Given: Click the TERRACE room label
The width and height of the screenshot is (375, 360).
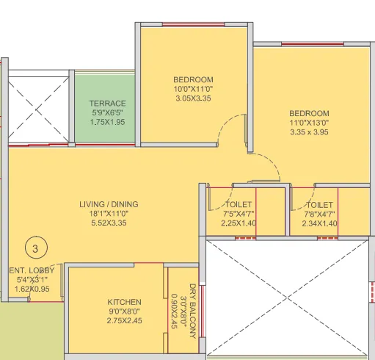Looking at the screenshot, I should coord(108,104).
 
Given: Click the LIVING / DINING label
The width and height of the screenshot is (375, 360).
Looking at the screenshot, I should coord(109,204).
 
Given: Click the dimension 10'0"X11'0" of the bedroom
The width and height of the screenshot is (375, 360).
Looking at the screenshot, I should coord(193,89).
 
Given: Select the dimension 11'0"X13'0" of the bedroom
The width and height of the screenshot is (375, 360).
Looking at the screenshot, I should coord(308,123).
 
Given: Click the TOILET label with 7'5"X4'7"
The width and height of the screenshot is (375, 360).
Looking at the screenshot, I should coord(240,204).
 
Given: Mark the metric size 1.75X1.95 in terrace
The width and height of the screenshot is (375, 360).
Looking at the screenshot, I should coord(108,123).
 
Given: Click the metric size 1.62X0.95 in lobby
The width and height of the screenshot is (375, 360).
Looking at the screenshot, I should coord(32,289).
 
